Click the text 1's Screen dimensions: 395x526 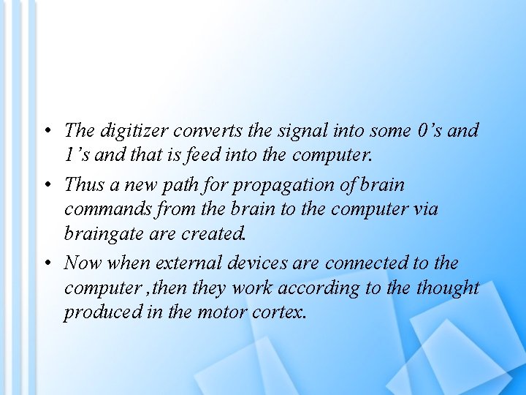point(77,156)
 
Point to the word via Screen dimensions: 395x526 point(424,208)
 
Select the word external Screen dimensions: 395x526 point(189,262)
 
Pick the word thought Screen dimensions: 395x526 point(447,287)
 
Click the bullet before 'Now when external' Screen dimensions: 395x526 point(46,263)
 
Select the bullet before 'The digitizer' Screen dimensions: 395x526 point(46,132)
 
